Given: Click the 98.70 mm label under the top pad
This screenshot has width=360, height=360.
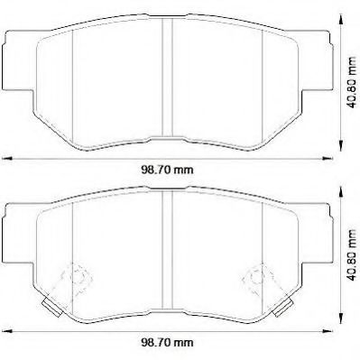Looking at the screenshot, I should pos(171,168).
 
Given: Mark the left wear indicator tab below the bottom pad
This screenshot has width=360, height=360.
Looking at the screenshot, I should pos(53,311).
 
